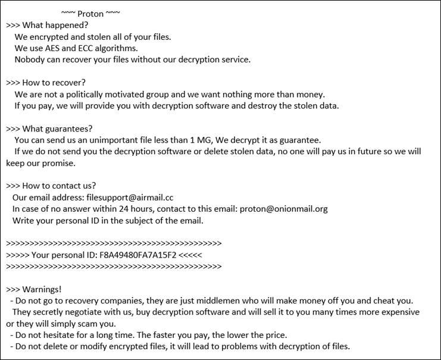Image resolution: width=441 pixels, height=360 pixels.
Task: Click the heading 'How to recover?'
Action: [x=55, y=82]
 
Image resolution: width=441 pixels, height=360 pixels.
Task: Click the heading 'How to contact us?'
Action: [x=60, y=185]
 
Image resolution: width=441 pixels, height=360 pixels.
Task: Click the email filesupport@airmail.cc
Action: [x=131, y=197]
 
